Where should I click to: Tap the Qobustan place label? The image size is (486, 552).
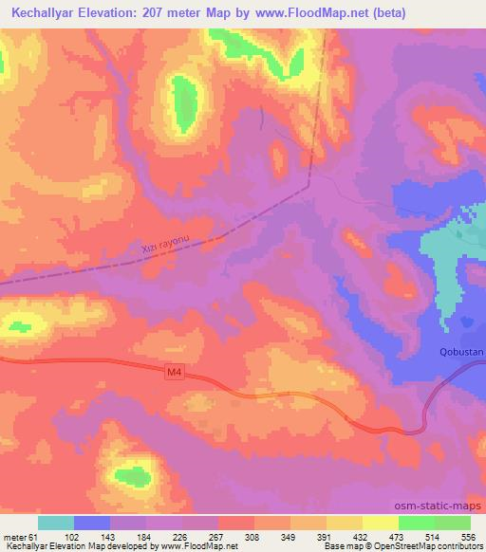click(462, 352)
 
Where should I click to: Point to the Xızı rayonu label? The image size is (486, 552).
click(166, 245)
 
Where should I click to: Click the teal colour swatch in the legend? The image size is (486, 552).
click(56, 523)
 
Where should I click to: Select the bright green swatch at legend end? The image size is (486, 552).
click(453, 523)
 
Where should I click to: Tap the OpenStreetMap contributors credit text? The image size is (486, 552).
click(438, 547)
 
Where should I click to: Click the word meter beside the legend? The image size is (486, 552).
click(17, 536)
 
